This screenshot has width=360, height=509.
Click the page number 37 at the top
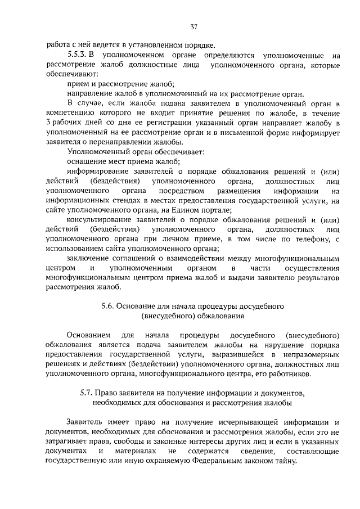click(x=194, y=26)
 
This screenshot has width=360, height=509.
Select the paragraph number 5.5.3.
click(x=76, y=56)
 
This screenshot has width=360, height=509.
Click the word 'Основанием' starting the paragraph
click(x=88, y=335)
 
